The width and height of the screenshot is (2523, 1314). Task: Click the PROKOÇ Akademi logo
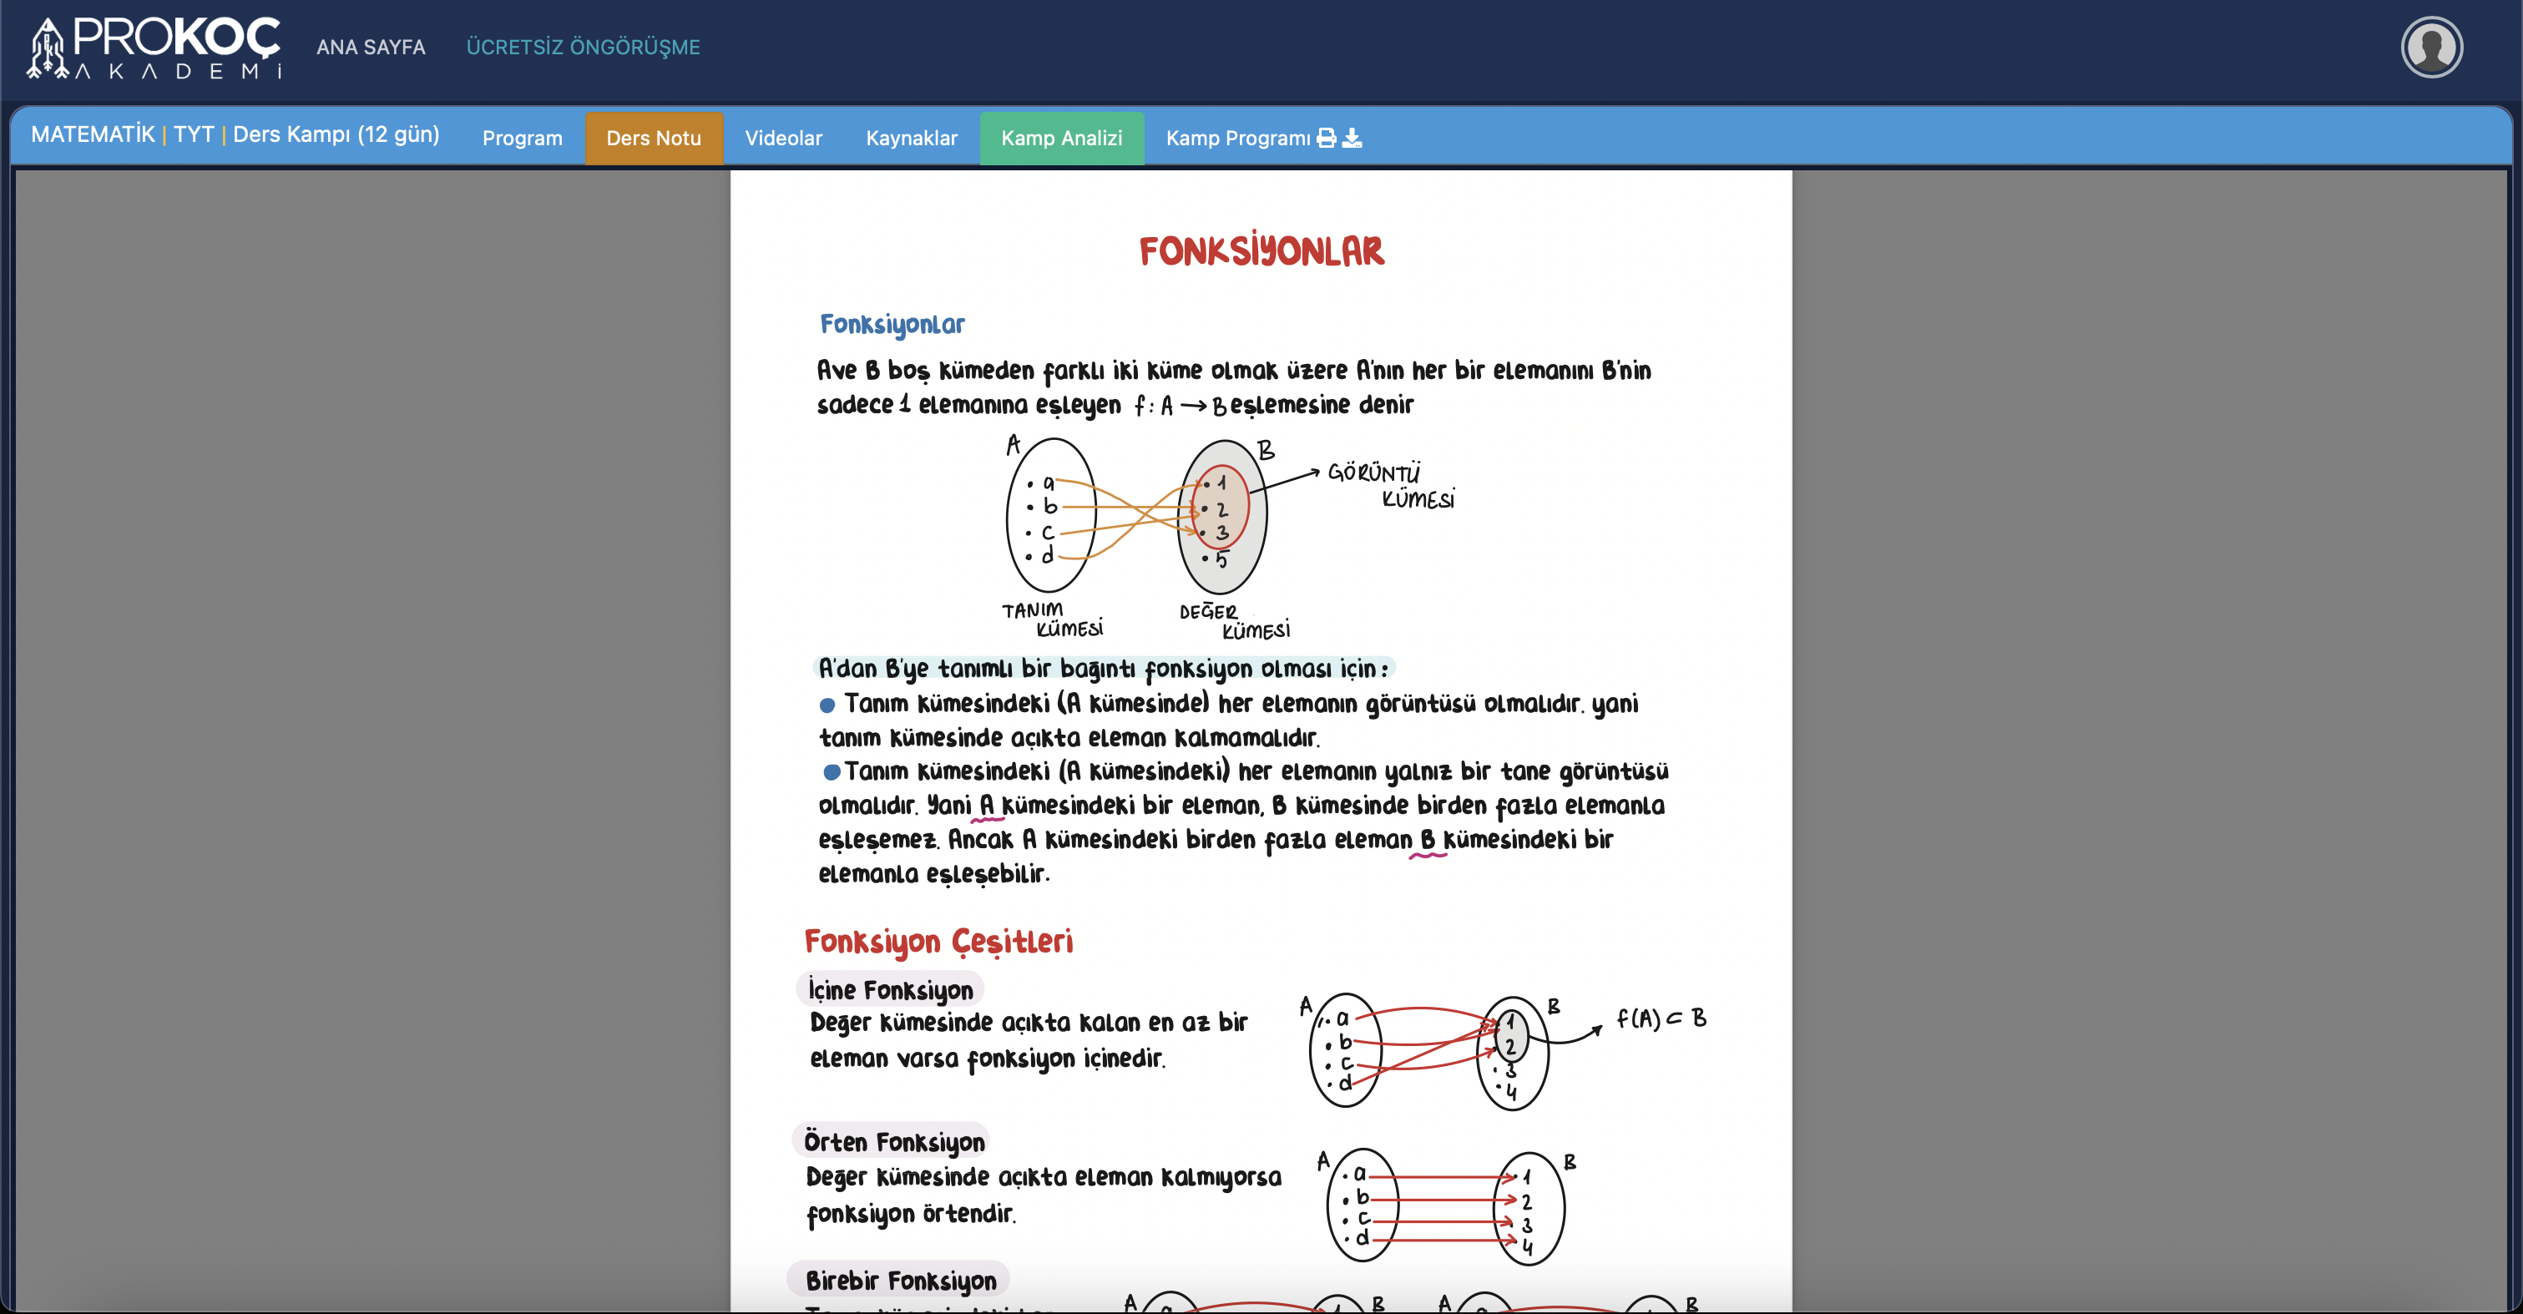[x=154, y=47]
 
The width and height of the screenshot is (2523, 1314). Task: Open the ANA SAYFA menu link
[x=370, y=47]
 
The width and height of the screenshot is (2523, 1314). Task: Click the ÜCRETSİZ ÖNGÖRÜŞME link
[x=583, y=47]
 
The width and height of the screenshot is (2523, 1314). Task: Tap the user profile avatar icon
[x=2430, y=47]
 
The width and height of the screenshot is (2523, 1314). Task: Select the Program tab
[x=522, y=138]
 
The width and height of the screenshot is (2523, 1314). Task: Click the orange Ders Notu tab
[x=653, y=138]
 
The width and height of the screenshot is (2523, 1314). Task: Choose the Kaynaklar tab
[x=911, y=138]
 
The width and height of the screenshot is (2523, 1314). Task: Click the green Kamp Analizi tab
[x=1061, y=138]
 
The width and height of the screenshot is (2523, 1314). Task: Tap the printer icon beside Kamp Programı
[x=1326, y=138]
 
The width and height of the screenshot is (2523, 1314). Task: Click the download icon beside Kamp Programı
[x=1352, y=138]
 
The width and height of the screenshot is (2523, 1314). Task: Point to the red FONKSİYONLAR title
[x=1261, y=251]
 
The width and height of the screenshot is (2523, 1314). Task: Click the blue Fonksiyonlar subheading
[x=892, y=324]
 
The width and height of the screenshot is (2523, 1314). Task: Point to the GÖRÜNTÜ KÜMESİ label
[x=1390, y=486]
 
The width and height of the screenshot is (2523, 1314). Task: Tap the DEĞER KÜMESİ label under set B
[x=1233, y=621]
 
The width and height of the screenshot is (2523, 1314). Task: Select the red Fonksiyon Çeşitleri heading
[x=938, y=941]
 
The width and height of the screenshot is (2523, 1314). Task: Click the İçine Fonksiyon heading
[x=889, y=990]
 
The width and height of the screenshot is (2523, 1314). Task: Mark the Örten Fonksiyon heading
[x=893, y=1142]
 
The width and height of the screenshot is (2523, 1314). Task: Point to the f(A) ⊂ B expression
[x=1661, y=1018]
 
